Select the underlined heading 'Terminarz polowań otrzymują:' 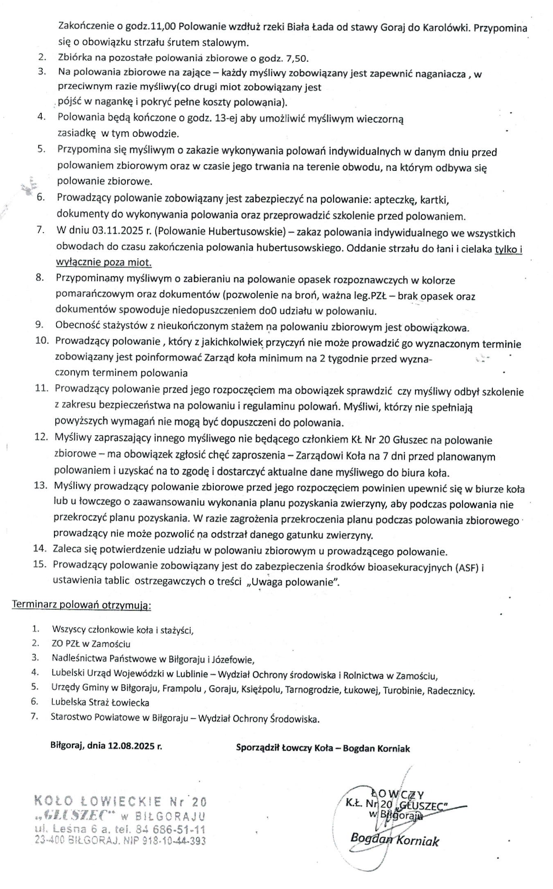[81, 605]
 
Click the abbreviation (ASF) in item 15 [466, 568]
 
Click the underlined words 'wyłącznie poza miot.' [104, 262]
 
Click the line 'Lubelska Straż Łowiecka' [100, 703]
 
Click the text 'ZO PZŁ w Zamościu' [91, 644]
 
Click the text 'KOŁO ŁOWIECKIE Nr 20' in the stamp [121, 801]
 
